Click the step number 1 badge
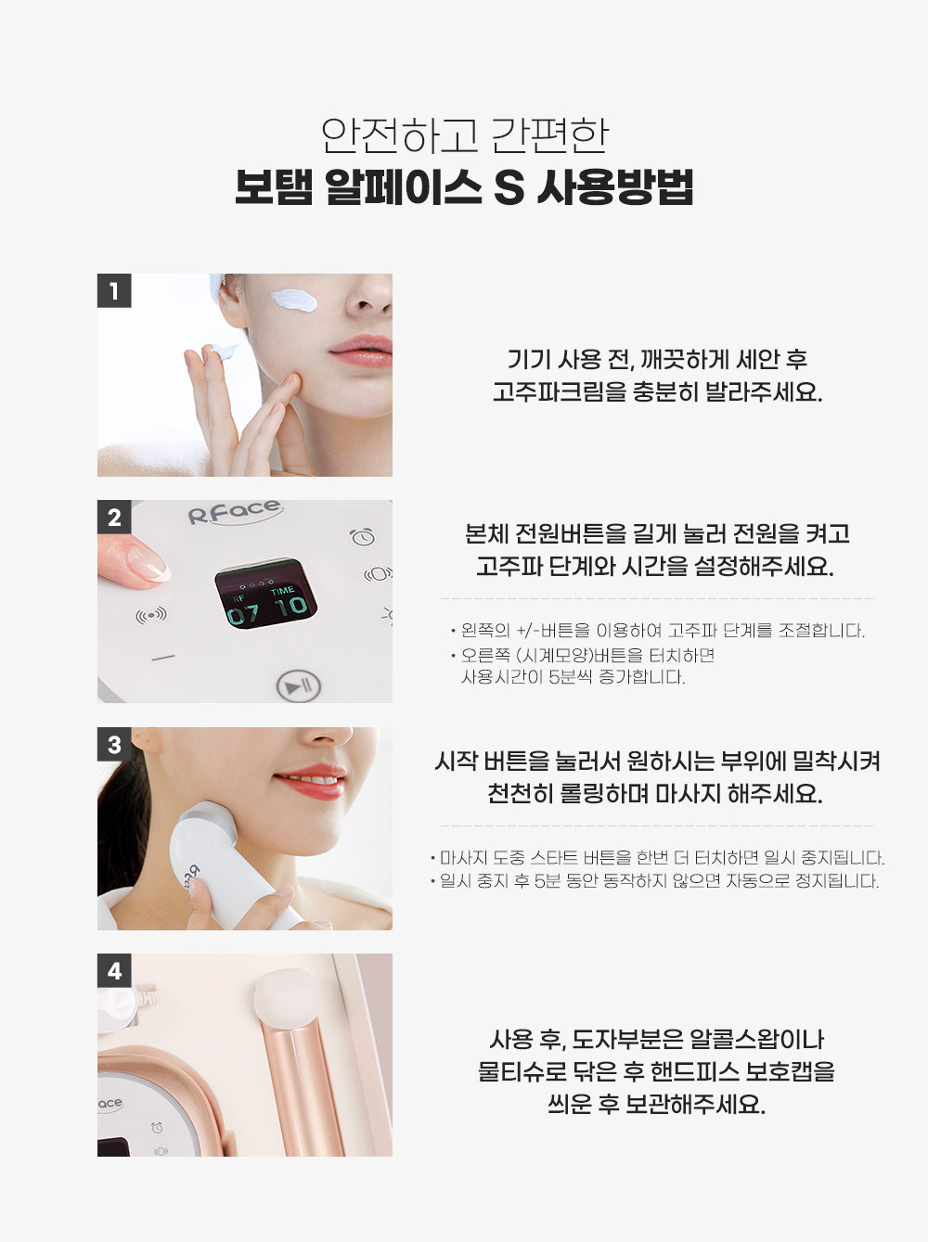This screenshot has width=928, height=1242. [x=114, y=291]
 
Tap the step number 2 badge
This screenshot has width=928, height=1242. [x=114, y=518]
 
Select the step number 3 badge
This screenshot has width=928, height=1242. [x=114, y=745]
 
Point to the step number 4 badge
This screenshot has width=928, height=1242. [x=114, y=971]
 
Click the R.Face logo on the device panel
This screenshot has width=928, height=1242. [x=235, y=512]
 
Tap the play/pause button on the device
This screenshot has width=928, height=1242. [x=298, y=686]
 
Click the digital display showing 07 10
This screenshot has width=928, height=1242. [x=265, y=594]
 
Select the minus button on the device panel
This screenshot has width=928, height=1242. [x=163, y=658]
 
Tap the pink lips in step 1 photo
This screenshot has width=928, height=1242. [x=361, y=351]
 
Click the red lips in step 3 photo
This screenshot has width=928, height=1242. [x=310, y=782]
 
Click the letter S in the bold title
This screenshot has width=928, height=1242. [x=509, y=188]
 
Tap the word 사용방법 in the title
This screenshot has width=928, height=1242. [x=615, y=187]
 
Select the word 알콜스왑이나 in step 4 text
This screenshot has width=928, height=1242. [x=757, y=1039]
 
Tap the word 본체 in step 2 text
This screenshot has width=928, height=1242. [x=486, y=533]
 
